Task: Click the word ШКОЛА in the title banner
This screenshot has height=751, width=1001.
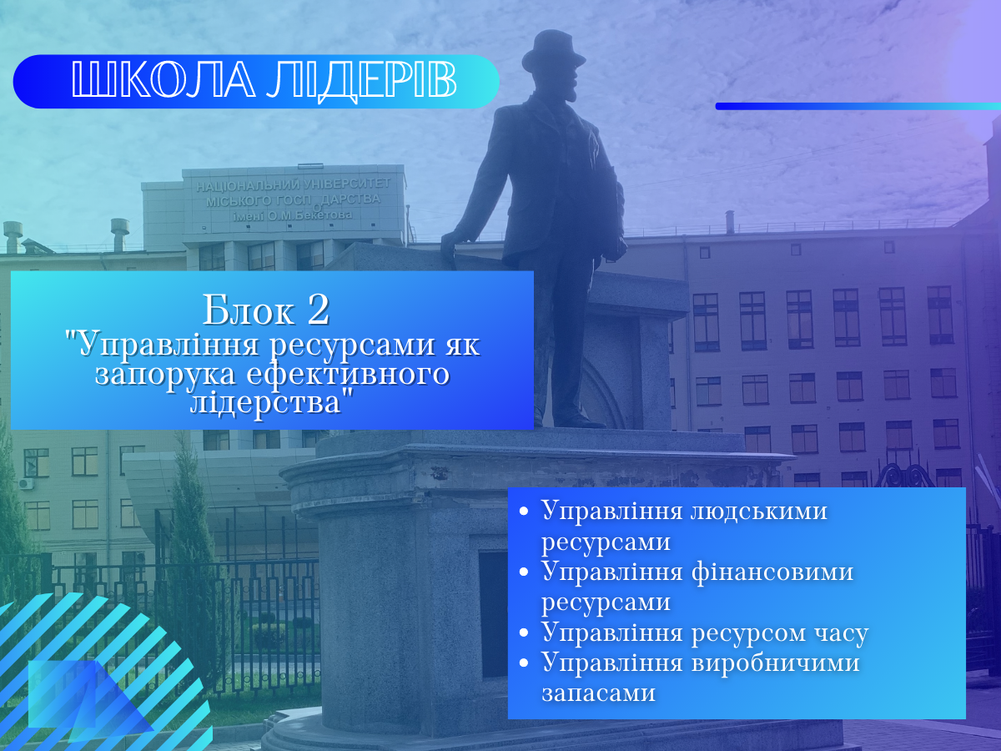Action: (x=163, y=80)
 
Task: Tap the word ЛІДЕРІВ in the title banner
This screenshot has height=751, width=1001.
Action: (x=362, y=81)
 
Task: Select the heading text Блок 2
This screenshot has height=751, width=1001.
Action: (x=266, y=310)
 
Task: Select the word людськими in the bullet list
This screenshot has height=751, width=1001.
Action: (x=758, y=511)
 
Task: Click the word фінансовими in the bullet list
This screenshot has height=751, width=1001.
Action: (x=772, y=572)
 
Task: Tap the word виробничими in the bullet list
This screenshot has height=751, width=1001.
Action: (x=775, y=663)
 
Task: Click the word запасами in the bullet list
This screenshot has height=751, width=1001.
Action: (x=598, y=693)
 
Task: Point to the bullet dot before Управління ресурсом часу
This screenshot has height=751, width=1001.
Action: (x=524, y=633)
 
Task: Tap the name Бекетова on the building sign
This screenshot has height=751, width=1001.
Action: (x=324, y=214)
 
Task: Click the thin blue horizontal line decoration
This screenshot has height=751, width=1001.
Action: (x=858, y=106)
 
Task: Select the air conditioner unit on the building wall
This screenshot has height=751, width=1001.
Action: (x=26, y=483)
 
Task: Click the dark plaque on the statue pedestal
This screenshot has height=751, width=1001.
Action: (x=495, y=614)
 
